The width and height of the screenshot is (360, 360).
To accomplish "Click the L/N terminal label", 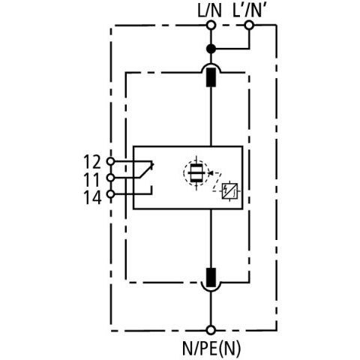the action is click(209, 11).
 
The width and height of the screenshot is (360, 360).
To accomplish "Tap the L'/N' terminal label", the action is click(250, 11).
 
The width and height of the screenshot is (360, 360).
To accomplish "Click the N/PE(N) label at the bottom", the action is click(211, 348).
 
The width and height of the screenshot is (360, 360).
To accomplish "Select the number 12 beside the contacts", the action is click(92, 162).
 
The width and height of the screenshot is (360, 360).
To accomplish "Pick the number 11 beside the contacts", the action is click(92, 180).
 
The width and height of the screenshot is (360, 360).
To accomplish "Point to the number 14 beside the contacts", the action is click(92, 197).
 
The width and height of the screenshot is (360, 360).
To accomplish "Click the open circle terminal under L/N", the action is click(211, 25).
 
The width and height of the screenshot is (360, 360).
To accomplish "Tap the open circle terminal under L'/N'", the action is click(249, 25).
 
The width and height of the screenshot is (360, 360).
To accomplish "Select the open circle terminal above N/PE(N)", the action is click(211, 330).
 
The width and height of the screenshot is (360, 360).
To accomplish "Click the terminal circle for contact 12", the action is click(110, 161).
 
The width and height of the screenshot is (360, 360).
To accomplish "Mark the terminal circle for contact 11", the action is click(110, 178).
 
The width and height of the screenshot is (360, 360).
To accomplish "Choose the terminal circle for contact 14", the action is click(110, 194).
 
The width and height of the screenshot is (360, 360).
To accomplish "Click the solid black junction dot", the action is click(211, 49).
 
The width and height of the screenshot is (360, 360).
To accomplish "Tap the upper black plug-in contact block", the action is click(211, 77).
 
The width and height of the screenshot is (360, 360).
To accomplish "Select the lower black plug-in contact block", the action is click(211, 277).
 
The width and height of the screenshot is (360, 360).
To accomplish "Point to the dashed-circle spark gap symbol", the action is click(196, 173).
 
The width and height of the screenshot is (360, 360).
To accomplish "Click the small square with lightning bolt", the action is click(229, 191).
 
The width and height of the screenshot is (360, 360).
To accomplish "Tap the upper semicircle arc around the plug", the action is click(211, 64).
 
